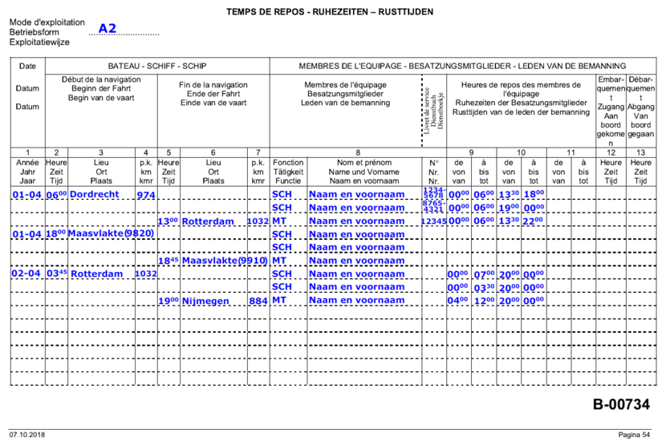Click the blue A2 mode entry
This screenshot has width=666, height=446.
108,29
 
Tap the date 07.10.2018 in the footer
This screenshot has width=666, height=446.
27,435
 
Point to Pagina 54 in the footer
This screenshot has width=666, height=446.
634,435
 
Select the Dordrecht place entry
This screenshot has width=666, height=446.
94,195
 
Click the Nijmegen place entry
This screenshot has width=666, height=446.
206,302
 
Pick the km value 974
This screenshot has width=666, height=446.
146,195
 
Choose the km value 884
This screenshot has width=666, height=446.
258,302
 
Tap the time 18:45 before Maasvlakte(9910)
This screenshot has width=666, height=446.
169,262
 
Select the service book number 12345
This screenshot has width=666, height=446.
433,221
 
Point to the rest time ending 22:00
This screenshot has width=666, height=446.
533,221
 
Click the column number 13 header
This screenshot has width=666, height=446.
640,152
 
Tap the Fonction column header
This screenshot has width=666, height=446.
288,161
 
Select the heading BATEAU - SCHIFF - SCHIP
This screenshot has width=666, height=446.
157,66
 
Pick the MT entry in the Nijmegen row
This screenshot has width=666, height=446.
279,302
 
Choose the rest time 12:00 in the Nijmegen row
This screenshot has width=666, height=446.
484,302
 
